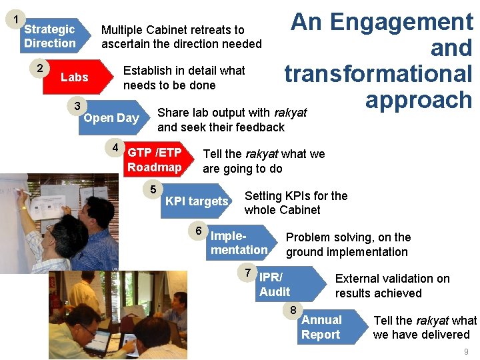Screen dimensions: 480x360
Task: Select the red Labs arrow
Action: pos(78,77)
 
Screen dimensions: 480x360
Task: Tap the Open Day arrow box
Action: pos(114,117)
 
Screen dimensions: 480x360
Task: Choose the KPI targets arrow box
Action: pos(196,201)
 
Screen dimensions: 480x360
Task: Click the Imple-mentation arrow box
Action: pos(241,243)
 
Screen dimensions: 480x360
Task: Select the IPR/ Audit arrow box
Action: pos(291,284)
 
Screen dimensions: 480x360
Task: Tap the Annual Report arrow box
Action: pos(333,327)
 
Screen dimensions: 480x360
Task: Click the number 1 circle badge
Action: pos(15,19)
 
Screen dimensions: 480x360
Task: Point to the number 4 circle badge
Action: pos(115,147)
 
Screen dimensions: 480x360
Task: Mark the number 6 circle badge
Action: pos(198,230)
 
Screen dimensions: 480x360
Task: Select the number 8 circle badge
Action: pos(293,310)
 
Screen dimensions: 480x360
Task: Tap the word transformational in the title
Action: pos(379,74)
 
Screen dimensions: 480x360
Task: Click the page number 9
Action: pos(466,351)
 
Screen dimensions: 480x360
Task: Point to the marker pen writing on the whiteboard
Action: pos(23,192)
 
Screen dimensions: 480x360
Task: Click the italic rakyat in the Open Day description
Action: pos(291,113)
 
